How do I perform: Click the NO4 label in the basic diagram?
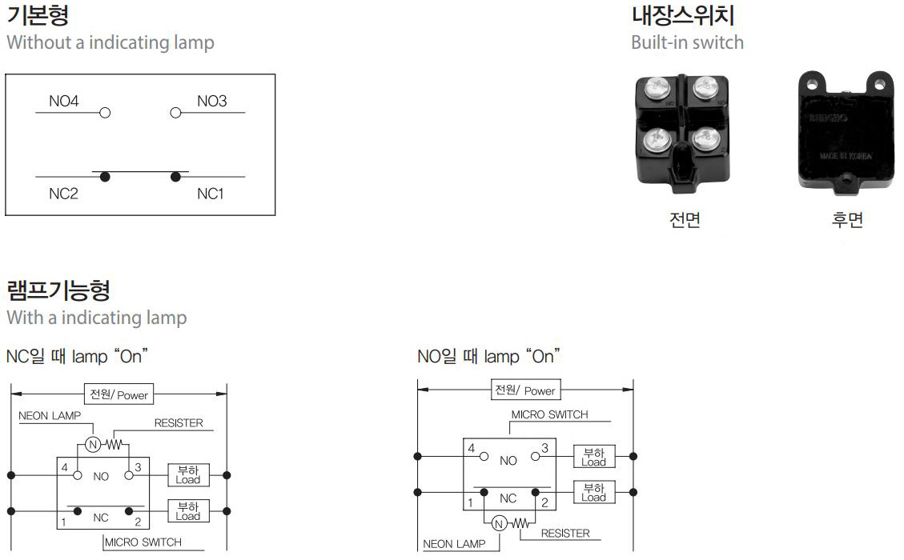pos(64,102)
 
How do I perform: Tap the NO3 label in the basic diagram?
pos(211,102)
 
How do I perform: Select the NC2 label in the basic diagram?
pos(64,194)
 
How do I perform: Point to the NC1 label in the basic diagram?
pos(210,194)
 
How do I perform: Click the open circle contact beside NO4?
pos(104,113)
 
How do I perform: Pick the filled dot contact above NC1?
pos(176,177)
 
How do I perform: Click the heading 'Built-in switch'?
pos(687,42)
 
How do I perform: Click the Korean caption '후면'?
pos(847,220)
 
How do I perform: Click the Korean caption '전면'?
pos(685,220)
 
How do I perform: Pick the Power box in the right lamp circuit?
pos(525,390)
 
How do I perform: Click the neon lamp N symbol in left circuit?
pos(92,445)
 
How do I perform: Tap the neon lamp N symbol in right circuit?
pos(499,524)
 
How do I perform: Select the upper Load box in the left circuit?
pos(188,475)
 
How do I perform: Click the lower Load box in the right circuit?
pos(593,493)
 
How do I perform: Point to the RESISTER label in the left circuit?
pos(178,423)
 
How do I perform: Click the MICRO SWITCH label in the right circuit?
pos(549,414)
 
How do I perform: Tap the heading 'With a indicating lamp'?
pos(97,318)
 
